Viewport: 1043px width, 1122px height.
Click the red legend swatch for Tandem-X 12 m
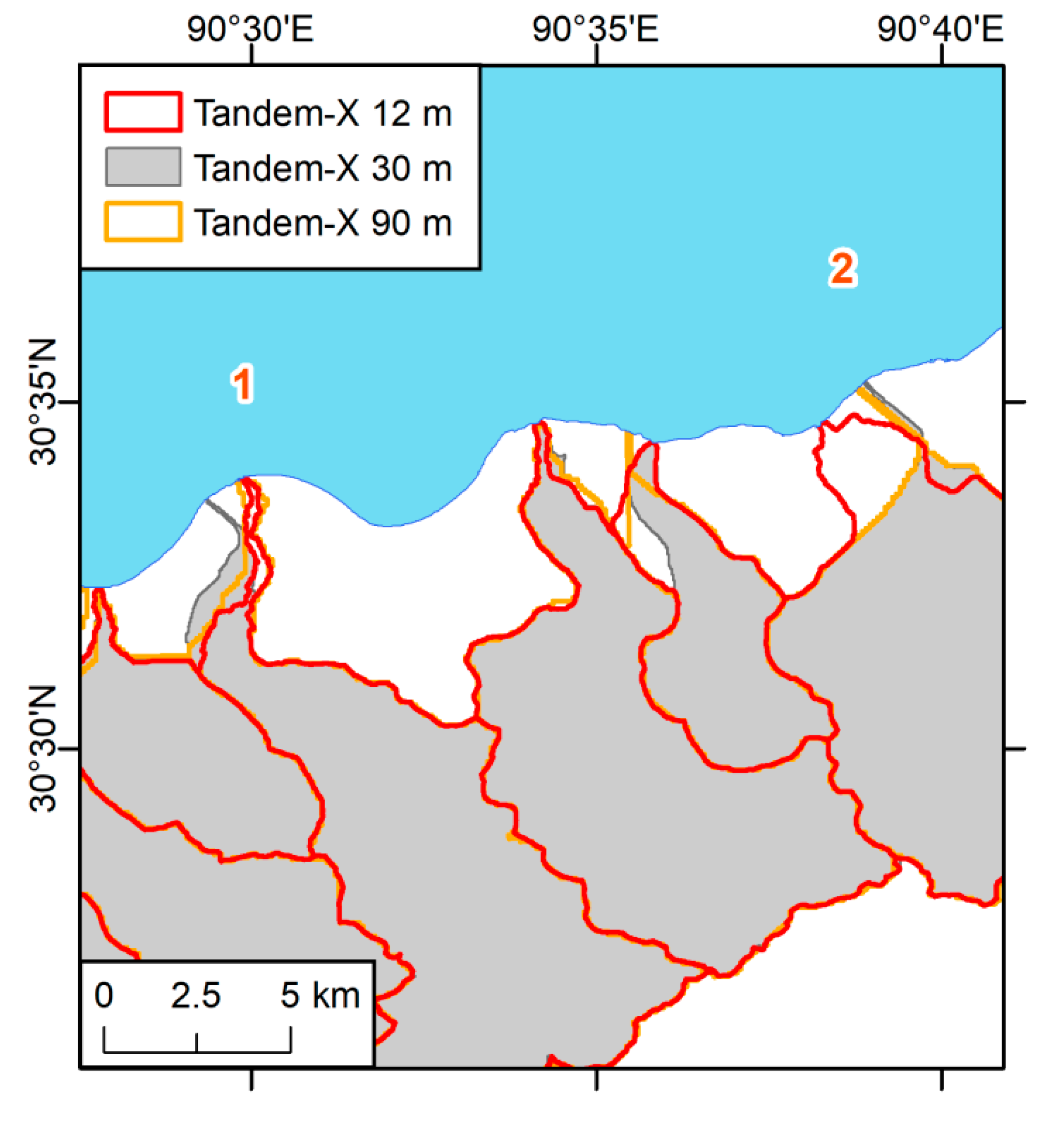tap(143, 112)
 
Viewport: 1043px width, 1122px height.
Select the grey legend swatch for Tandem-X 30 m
tap(143, 167)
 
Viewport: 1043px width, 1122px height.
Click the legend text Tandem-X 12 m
tap(323, 113)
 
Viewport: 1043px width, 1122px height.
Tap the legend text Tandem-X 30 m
tap(323, 168)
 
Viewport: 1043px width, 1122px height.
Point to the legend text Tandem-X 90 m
tap(323, 223)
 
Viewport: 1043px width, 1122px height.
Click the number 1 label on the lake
tap(243, 384)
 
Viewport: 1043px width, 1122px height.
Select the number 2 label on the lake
tap(842, 269)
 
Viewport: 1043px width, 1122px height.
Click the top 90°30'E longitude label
tap(250, 29)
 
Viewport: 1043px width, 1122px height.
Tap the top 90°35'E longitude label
tap(595, 29)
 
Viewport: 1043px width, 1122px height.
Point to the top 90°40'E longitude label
tap(941, 29)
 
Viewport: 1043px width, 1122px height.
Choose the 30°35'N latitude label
tap(43, 401)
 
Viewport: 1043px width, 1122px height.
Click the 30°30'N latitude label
tap(43, 748)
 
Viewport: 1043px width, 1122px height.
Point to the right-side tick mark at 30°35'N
tap(1014, 402)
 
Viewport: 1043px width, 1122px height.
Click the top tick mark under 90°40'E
tap(942, 55)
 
